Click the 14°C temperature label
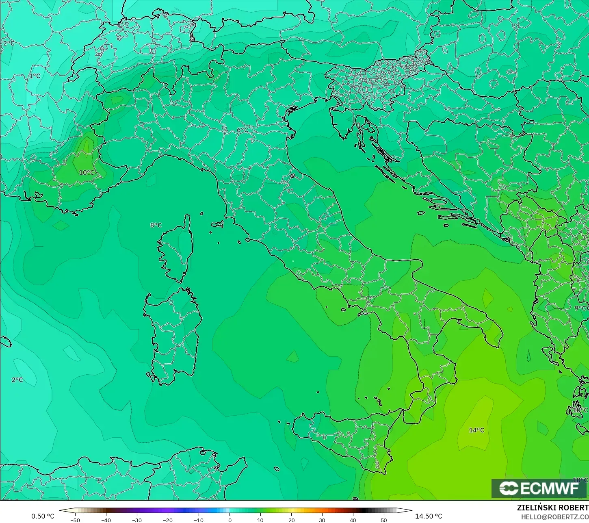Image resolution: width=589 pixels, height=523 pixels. [476, 430]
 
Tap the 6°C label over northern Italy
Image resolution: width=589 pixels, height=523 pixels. [243, 130]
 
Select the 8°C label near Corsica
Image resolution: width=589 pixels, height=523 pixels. [156, 225]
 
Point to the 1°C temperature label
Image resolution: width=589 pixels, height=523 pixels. [35, 76]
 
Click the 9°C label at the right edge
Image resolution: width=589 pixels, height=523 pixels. [580, 308]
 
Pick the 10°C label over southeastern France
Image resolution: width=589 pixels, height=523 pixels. [87, 173]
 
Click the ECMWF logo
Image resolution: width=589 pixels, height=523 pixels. [539, 488]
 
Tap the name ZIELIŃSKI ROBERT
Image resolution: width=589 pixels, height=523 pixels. [552, 508]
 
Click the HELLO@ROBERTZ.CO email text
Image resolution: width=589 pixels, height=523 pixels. [555, 517]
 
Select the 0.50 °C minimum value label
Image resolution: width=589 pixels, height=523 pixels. [43, 516]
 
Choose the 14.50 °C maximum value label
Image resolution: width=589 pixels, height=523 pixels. [429, 516]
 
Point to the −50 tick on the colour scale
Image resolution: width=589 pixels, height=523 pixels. [75, 520]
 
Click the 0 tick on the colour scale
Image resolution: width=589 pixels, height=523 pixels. [230, 520]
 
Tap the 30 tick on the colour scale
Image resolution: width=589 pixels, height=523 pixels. [322, 520]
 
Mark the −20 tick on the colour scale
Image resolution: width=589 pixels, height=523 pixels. [167, 520]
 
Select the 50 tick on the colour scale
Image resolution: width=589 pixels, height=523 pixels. [384, 520]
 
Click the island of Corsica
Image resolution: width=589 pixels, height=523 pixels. [177, 250]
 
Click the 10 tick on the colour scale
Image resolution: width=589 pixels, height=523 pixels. [260, 520]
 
